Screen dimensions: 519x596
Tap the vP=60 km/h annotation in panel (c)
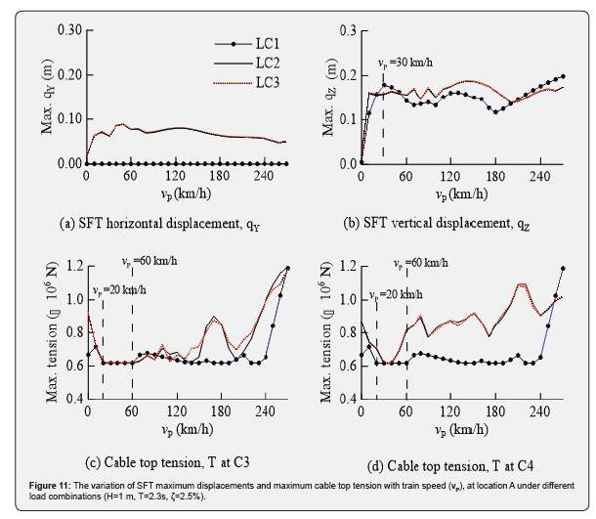tap(147, 262)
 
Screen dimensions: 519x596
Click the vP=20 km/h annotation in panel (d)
tap(394, 291)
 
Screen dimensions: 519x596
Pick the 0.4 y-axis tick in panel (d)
tap(351, 400)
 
